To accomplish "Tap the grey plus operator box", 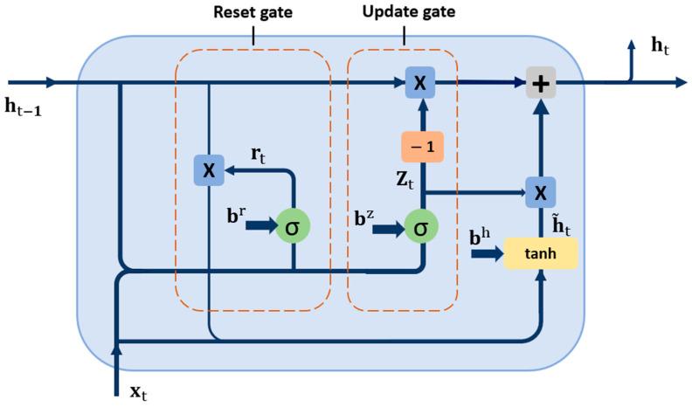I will coord(542,84).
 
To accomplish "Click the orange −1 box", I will coord(423,147).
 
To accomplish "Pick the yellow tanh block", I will coord(541,253).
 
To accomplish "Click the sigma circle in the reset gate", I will coord(294,228).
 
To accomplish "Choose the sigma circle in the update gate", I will coord(421,229).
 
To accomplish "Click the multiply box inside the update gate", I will coord(420,83).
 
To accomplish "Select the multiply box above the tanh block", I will coord(542,191).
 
